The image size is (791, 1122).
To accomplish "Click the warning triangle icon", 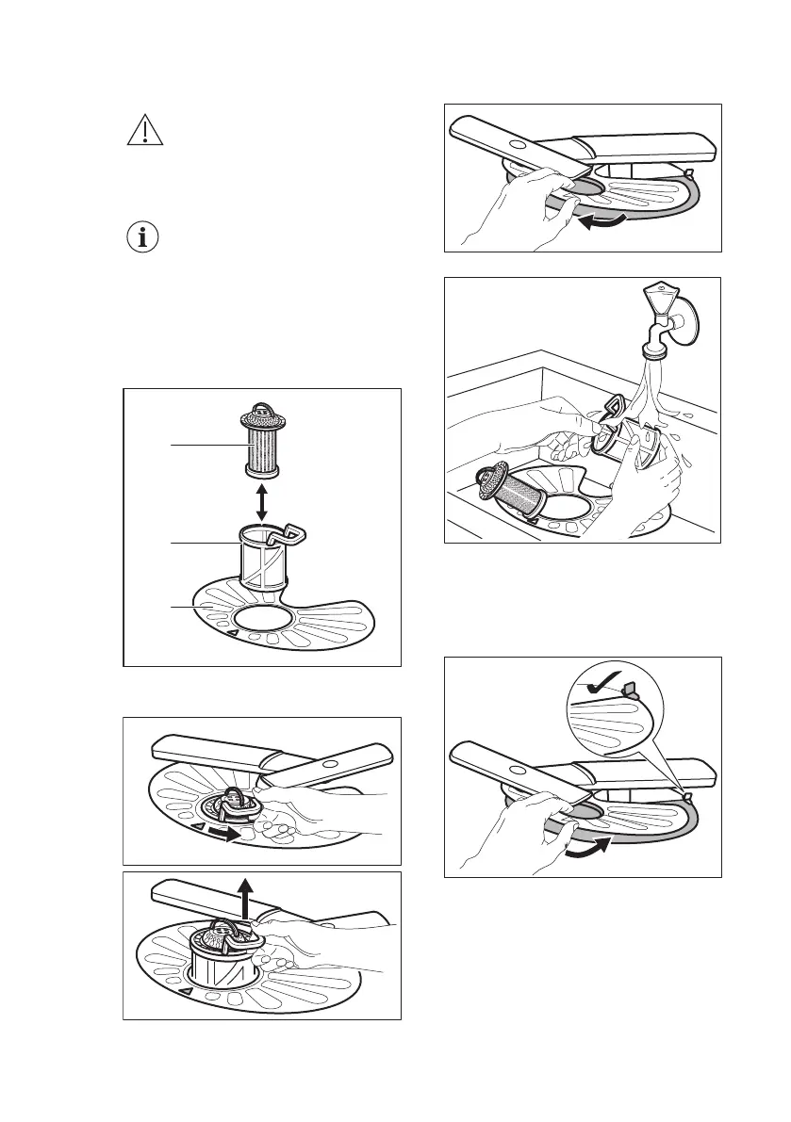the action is [x=145, y=130].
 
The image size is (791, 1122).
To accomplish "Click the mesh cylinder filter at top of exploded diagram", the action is [x=261, y=443].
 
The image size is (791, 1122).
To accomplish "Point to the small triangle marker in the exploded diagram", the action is [x=230, y=634].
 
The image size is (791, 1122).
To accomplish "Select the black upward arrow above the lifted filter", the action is [x=245, y=896].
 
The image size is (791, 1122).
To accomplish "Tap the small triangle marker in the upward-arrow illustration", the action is [x=187, y=991].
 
